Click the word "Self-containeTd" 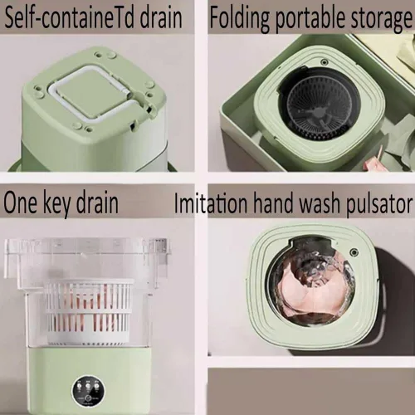[69, 17]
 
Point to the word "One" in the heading [20, 203]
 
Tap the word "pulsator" [379, 204]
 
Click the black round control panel [88, 392]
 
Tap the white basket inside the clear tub [88, 312]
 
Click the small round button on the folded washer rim [324, 62]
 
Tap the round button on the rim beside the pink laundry [354, 252]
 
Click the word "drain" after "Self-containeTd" [161, 17]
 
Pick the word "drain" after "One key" [97, 203]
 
